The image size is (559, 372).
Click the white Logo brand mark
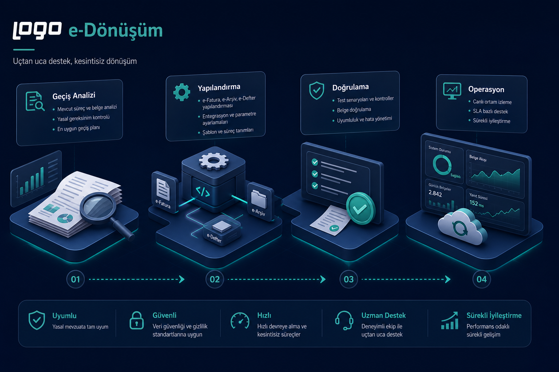tap(37, 30)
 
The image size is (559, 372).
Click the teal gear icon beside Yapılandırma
tap(182, 92)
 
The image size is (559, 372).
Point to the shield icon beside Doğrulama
tap(317, 90)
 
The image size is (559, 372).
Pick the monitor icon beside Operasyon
tap(452, 91)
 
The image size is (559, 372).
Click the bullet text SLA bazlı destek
tap(490, 112)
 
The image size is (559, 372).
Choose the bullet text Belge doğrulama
tap(354, 110)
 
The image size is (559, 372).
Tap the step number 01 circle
tap(75, 279)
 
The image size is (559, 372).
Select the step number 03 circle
tap(349, 279)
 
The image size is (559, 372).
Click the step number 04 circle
tap(481, 279)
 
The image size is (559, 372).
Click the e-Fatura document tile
tap(164, 192)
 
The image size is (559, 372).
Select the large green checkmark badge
tap(360, 208)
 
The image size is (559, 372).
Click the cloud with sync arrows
tap(462, 227)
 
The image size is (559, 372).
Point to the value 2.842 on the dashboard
tap(435, 193)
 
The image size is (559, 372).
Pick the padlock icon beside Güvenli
tap(136, 320)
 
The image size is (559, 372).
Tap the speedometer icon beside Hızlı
tap(240, 321)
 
